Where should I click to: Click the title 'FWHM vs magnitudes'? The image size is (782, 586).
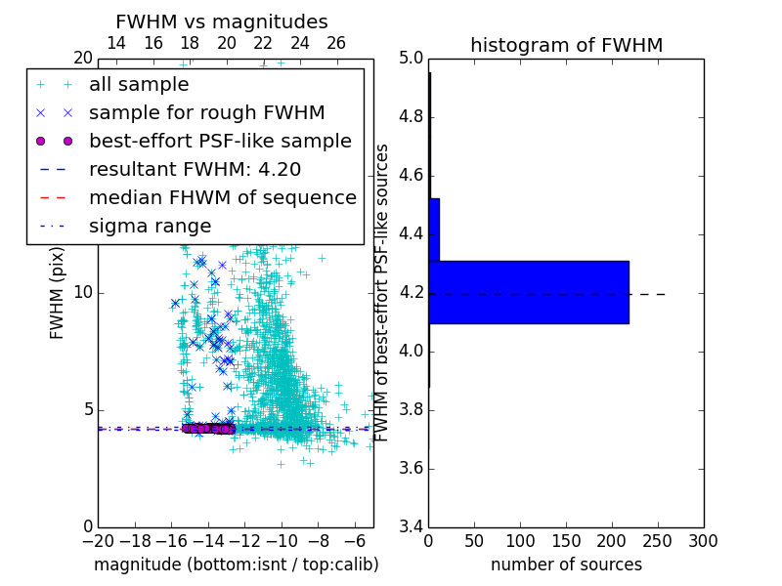222,22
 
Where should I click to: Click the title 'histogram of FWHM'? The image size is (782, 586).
566,45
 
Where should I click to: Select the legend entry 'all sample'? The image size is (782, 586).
139,85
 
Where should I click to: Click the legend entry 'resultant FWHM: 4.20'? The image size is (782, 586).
195,169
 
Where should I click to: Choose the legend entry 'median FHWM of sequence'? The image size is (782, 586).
222,197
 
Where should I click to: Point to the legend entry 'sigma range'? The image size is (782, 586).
150,226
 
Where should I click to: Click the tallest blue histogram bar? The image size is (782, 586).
528,292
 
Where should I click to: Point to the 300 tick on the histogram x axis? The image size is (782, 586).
703,541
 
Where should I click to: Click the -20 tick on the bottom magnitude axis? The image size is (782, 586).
98,541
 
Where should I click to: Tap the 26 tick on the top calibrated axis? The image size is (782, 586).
336,43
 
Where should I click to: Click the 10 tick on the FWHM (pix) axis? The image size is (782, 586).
82,293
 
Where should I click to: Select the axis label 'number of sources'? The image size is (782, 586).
566,565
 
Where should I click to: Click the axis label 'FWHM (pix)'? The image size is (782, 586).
58,293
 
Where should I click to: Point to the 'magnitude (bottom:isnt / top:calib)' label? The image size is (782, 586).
236,565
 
